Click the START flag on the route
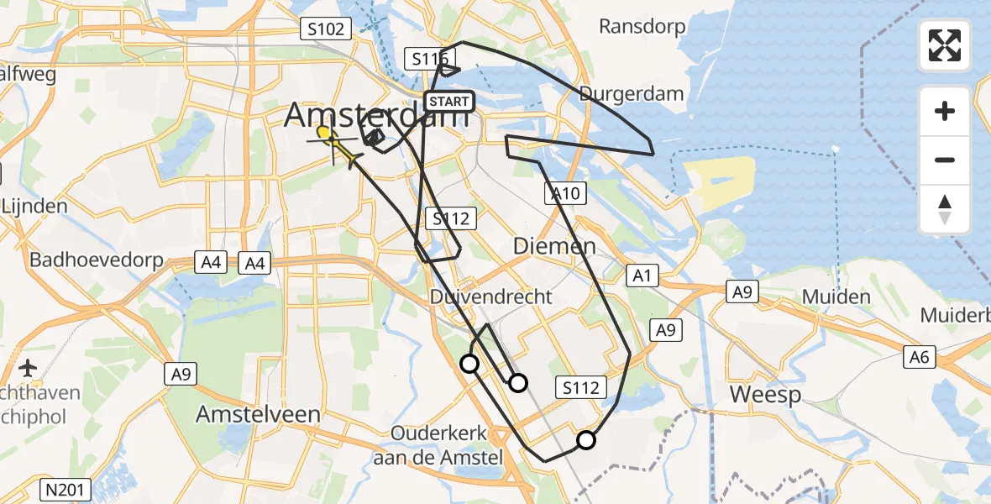449,102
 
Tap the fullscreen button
945,45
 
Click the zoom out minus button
945,160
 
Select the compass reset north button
945,208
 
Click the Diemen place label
554,246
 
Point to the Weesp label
765,394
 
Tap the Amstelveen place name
258,414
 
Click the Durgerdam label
632,93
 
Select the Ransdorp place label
642,26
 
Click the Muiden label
836,296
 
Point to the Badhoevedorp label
97,260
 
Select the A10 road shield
565,194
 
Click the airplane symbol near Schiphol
28,368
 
